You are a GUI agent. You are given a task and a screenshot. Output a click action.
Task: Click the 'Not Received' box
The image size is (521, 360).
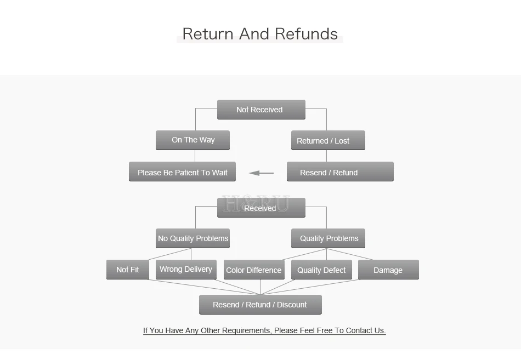[261, 110]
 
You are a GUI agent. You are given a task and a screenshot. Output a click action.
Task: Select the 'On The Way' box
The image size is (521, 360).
[192, 140]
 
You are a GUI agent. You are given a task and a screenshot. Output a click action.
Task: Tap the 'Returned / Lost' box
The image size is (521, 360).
[329, 140]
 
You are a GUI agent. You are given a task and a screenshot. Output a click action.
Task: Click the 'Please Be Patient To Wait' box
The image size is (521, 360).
[183, 172]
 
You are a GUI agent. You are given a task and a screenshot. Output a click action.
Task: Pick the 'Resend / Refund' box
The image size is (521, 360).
[340, 172]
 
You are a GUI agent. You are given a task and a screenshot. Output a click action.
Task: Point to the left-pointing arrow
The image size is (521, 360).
[261, 173]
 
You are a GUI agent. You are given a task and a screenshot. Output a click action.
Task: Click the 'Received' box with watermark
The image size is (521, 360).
[261, 208]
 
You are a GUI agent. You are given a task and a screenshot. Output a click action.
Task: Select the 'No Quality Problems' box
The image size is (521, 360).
[192, 238]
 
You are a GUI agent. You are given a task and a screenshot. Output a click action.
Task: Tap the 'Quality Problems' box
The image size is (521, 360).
[329, 238]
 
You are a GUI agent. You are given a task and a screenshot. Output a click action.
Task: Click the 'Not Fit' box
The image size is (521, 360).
[128, 270]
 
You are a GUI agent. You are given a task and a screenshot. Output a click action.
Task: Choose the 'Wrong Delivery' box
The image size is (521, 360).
[186, 270]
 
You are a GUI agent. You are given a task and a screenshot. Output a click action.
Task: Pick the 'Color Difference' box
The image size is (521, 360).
[254, 270]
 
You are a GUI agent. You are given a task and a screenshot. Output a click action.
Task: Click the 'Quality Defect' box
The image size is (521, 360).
[321, 270]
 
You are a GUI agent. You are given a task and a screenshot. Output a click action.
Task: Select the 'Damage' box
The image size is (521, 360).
[388, 270]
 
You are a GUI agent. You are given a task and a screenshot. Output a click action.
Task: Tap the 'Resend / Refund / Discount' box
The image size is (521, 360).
[260, 305]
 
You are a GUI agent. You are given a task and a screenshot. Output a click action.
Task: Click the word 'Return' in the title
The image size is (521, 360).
[208, 34]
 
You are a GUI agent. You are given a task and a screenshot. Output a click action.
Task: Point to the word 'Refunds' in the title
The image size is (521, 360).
[307, 34]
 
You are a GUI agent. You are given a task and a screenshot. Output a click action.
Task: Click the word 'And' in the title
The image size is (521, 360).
[254, 34]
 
